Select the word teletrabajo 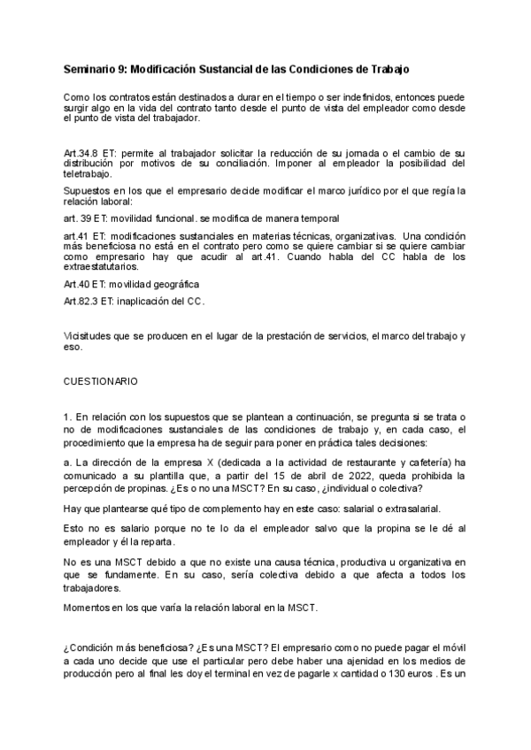pos(93,173)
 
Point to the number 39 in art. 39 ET pos(88,218)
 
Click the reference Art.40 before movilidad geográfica pos(78,284)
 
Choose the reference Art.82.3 pos(82,302)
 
